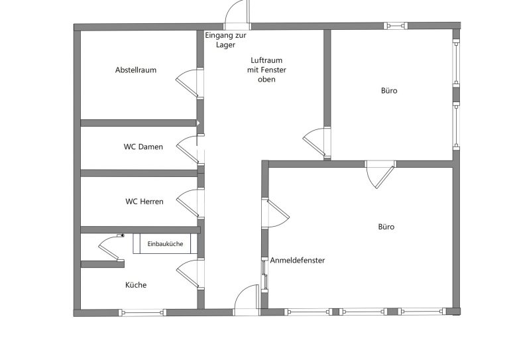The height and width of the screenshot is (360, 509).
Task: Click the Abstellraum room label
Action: click(136, 70)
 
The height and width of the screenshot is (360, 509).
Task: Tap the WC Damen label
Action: click(143, 147)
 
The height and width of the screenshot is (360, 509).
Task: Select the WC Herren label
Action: click(144, 202)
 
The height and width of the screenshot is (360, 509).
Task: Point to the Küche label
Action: click(136, 285)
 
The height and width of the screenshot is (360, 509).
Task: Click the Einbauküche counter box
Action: click(165, 244)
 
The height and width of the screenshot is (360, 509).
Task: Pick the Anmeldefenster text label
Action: click(298, 261)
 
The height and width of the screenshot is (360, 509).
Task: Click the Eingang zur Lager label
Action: click(225, 40)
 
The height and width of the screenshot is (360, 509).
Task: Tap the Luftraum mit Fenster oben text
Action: click(266, 70)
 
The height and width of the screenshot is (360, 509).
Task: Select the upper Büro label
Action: click(389, 91)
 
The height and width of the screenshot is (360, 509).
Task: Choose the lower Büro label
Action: click(386, 227)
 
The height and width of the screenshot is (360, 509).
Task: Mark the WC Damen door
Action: click(188, 150)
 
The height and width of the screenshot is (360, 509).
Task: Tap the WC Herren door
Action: click(188, 204)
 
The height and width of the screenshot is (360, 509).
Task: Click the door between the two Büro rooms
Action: click(380, 174)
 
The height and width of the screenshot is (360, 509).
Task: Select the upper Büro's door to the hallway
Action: click(314, 142)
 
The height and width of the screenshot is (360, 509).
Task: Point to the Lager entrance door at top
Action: click(237, 13)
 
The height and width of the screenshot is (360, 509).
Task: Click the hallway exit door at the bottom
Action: click(247, 298)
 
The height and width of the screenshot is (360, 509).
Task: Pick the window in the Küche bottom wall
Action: click(142, 313)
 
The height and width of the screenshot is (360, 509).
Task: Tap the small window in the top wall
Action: click(396, 26)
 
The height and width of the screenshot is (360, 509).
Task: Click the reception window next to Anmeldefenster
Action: click(265, 274)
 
